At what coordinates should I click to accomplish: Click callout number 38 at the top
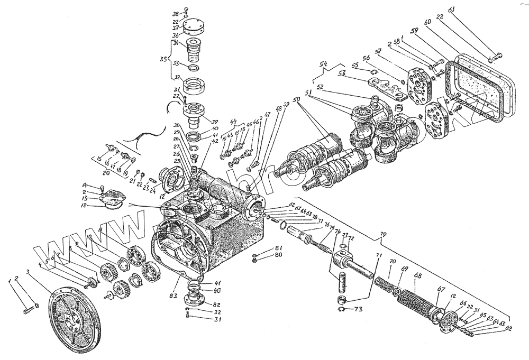pos(176,13)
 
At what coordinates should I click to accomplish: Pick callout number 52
pos(320,86)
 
